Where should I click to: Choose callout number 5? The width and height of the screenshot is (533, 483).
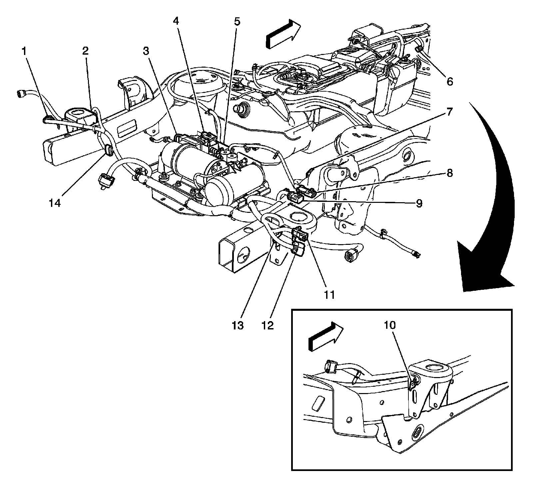pyautogui.click(x=237, y=22)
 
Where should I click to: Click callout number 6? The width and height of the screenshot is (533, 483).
pyautogui.click(x=450, y=81)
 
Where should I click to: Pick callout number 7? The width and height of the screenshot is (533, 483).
pyautogui.click(x=450, y=112)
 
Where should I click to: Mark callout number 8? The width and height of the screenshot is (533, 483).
pyautogui.click(x=450, y=173)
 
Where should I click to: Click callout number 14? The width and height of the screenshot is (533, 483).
pyautogui.click(x=55, y=203)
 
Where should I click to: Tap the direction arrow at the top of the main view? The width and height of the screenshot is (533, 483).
pyautogui.click(x=283, y=33)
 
